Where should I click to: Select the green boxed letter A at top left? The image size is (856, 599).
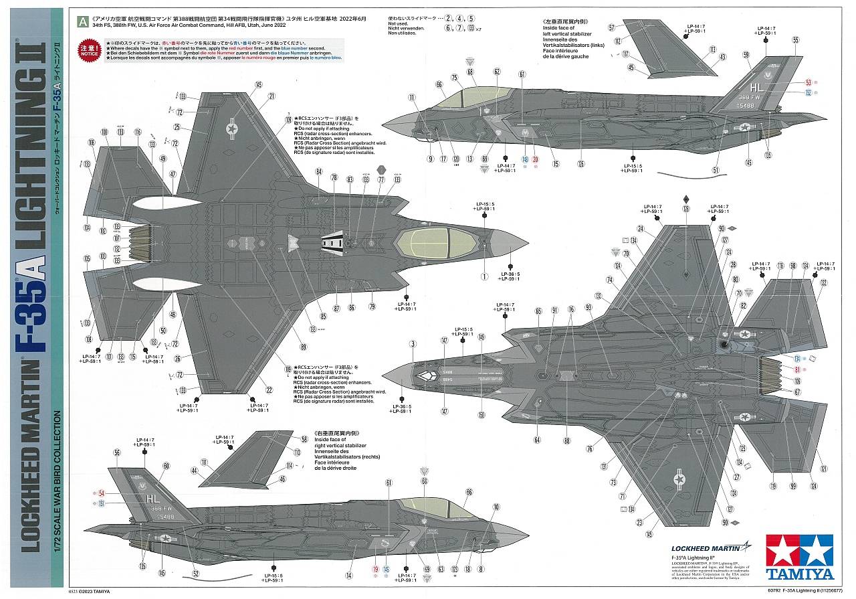(82, 21)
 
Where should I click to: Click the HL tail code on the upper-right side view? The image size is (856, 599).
(757, 86)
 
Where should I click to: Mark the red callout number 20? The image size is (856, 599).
(536, 159)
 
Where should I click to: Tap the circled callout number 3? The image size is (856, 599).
(413, 343)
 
